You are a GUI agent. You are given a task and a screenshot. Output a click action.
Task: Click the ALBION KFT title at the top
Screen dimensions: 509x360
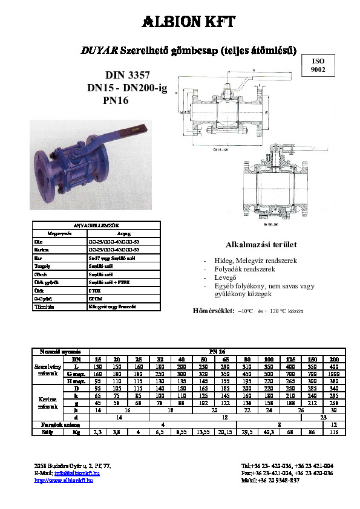point(180,22)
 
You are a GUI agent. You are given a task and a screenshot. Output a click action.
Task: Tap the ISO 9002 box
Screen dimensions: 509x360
point(318,66)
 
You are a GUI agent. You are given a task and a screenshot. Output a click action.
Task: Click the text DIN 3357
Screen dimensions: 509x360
point(126,76)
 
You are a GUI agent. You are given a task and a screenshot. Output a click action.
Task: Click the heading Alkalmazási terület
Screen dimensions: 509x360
point(252,245)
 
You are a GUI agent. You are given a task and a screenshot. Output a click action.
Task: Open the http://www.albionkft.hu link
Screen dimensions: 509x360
point(67,481)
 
